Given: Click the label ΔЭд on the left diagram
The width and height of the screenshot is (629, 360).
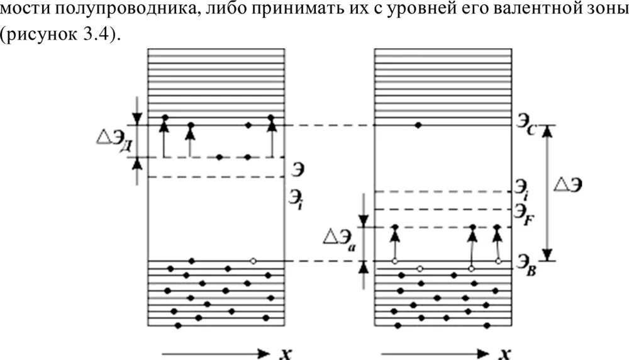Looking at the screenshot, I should pyautogui.click(x=111, y=139).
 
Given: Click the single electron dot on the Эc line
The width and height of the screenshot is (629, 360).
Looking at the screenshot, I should pyautogui.click(x=418, y=126).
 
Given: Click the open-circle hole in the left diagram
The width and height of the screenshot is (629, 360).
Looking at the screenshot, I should pyautogui.click(x=253, y=261).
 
